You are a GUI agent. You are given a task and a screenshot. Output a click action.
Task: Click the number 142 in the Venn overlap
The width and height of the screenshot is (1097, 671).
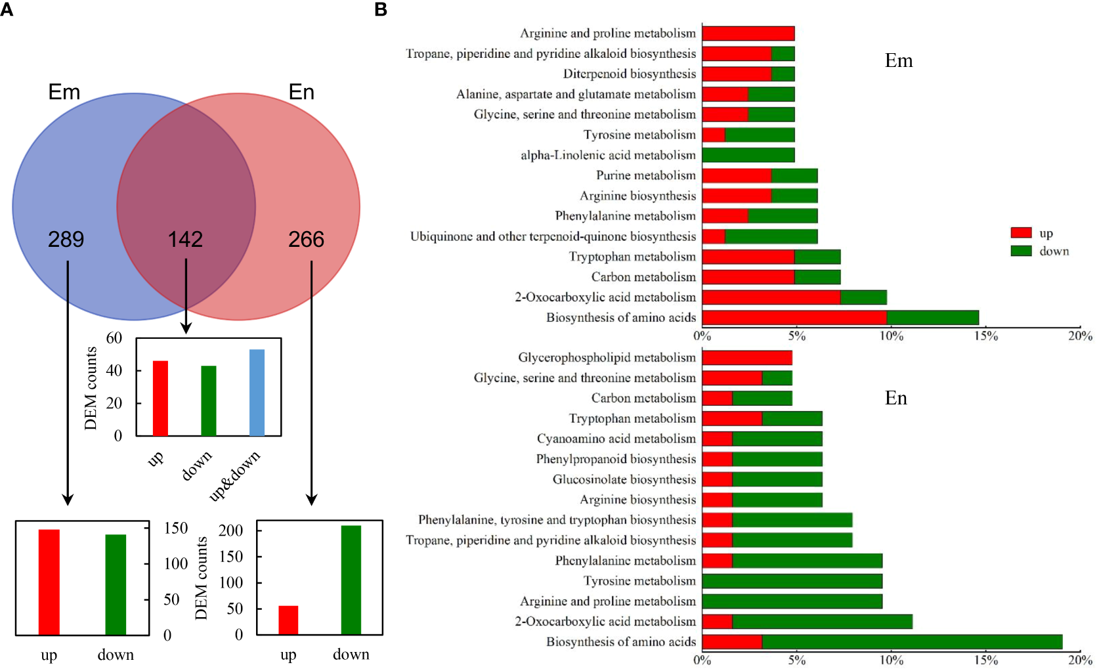click(x=185, y=239)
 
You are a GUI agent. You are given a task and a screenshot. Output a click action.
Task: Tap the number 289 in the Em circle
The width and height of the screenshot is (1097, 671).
click(x=66, y=239)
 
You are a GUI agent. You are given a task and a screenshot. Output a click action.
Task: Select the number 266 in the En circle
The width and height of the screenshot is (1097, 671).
click(x=306, y=239)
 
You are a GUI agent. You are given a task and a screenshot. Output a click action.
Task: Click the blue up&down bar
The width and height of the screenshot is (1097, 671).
click(x=257, y=393)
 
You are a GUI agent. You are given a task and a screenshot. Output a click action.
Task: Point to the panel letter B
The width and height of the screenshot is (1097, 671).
click(x=381, y=10)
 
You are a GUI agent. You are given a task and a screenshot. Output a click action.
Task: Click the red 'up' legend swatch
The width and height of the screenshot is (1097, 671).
click(x=1021, y=233)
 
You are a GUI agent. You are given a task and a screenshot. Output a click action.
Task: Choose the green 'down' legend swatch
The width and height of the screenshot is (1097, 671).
click(x=1021, y=251)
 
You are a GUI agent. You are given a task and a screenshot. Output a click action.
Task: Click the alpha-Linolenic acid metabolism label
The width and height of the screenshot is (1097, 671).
click(x=608, y=155)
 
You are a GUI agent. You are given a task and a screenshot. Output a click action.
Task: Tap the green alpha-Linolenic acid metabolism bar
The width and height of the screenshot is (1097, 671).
click(x=748, y=155)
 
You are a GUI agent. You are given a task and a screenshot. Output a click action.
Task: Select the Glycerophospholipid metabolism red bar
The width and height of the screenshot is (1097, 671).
click(x=746, y=358)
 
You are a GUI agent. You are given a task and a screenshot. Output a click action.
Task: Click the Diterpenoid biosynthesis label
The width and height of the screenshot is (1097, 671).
click(x=629, y=74)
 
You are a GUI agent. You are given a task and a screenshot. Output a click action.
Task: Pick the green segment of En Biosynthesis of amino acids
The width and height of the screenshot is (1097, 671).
click(x=912, y=641)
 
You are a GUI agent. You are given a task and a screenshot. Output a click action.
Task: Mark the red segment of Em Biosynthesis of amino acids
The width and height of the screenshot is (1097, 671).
click(x=794, y=318)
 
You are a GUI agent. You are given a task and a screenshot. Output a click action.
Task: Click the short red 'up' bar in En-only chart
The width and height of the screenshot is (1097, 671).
click(x=288, y=620)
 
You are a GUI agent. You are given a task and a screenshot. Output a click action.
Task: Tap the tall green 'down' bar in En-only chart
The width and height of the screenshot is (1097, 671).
click(x=351, y=580)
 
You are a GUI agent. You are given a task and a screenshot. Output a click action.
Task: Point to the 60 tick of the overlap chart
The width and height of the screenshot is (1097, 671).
click(x=114, y=338)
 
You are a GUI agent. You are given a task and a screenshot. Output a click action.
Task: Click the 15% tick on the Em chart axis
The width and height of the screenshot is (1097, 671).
click(x=985, y=336)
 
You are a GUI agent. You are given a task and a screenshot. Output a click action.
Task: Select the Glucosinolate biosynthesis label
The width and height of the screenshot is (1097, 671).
click(x=624, y=479)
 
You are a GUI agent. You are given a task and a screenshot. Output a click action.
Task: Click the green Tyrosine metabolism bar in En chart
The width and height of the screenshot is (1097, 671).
click(x=792, y=581)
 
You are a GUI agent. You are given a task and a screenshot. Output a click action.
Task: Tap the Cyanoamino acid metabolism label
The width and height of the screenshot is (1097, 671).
click(x=616, y=439)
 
